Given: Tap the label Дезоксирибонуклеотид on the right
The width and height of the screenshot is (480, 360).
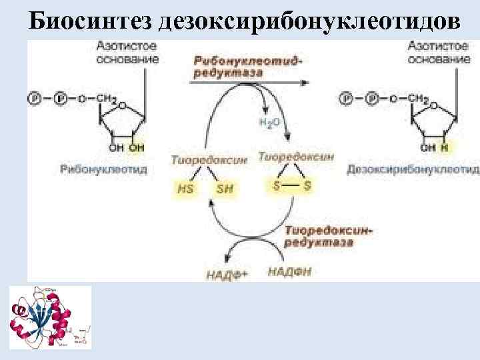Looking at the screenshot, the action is [x=413, y=170].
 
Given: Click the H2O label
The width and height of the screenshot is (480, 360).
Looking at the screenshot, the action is [x=267, y=122].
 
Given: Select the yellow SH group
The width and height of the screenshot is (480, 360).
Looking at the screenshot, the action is [x=225, y=189].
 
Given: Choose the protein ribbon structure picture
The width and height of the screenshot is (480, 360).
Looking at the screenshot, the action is [x=50, y=317].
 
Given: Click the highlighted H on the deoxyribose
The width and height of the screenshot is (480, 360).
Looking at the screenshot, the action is [x=444, y=147].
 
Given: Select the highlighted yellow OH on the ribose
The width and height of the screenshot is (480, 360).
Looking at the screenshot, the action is [x=136, y=147].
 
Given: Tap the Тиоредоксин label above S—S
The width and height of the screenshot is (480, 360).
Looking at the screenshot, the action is [x=295, y=157].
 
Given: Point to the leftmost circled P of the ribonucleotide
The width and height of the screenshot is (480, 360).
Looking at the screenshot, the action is [x=33, y=99].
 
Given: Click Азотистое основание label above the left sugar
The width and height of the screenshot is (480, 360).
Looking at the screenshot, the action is [x=127, y=53].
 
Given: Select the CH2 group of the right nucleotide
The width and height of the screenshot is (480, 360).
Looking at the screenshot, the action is [x=419, y=99].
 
